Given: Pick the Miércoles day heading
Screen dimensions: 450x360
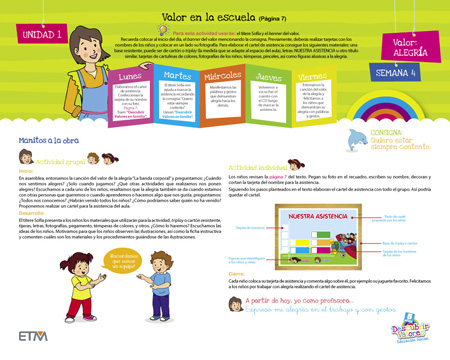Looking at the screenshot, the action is pyautogui.click(x=196, y=75).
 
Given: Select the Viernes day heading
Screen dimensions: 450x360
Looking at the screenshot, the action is pyautogui.click(x=288, y=76).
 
